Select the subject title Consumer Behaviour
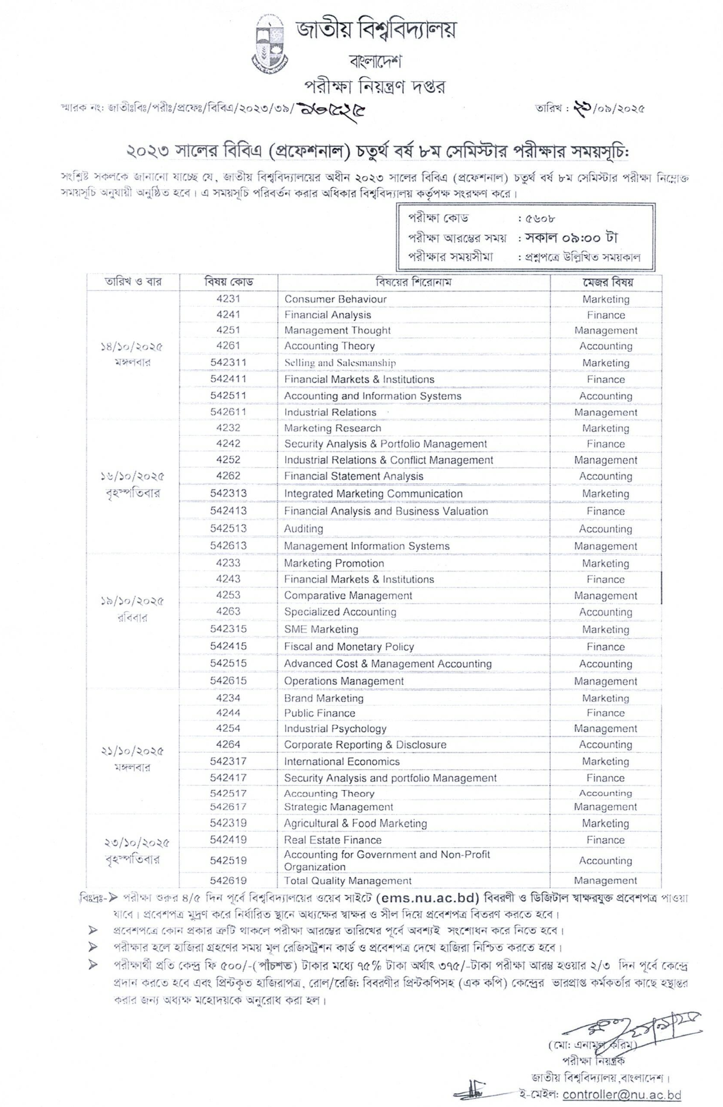tap(335, 299)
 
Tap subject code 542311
tap(228, 362)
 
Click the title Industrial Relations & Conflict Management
tap(388, 460)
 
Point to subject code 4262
tap(228, 476)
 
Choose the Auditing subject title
tap(303, 529)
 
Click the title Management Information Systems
tap(366, 546)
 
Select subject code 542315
tap(228, 629)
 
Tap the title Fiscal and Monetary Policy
tap(349, 647)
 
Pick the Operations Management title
tap(343, 681)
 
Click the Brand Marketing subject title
tap(323, 698)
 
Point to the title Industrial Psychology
tap(335, 729)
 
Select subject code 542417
tap(228, 778)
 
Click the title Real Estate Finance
tap(332, 840)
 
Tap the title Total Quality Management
tap(347, 881)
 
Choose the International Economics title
tap(342, 761)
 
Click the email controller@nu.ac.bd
tap(622, 1095)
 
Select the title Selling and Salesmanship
tap(340, 363)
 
